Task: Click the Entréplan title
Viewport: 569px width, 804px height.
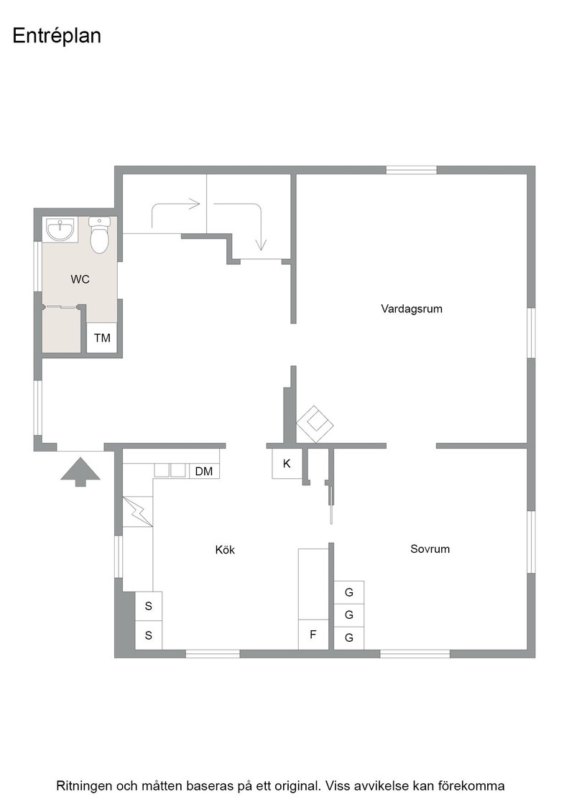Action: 57,37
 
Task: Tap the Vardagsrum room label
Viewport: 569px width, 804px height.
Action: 412,309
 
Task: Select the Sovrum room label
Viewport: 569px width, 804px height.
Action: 430,548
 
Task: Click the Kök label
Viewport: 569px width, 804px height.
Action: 225,550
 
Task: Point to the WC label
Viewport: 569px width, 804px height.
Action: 80,279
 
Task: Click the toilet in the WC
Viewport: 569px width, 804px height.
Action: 99,235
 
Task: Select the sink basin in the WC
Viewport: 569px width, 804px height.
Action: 60,229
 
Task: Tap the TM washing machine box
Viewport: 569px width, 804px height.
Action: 102,338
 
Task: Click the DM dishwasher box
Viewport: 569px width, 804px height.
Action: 204,471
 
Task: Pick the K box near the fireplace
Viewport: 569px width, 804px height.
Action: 287,464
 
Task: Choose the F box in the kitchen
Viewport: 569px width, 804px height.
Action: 313,635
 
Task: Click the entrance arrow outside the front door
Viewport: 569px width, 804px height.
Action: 80,472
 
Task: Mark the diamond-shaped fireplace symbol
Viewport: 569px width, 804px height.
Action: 315,424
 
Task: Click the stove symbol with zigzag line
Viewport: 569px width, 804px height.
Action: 138,511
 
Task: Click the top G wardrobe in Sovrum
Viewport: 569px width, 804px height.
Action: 349,592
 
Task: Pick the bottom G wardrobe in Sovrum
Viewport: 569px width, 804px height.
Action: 349,638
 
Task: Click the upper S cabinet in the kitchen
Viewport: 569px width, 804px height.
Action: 149,606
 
